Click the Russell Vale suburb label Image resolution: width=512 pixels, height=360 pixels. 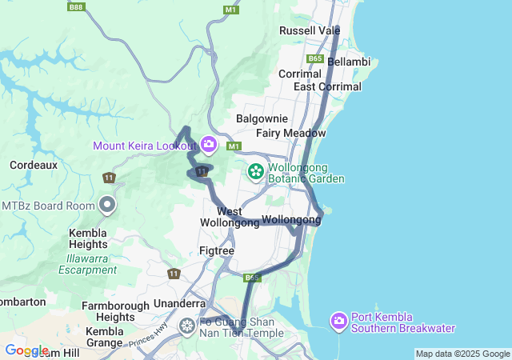pos(310,30)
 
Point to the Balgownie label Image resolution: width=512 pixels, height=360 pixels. pos(257,118)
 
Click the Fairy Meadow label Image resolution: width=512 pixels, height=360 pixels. pos(291,133)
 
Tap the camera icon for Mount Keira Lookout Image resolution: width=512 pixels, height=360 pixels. pos(209,145)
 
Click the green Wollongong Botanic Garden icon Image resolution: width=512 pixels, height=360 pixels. pos(256,171)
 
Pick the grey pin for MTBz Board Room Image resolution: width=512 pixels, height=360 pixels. pos(107,206)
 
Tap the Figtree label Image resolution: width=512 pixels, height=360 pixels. pos(216,250)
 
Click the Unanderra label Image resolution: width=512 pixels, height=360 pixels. pos(178,304)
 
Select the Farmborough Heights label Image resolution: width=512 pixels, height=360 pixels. pos(115,311)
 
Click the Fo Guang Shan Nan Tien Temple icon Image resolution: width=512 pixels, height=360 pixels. pos(187,326)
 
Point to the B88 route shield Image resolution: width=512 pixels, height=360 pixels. pos(76,7)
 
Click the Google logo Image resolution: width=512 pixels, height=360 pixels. pos(26,350)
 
